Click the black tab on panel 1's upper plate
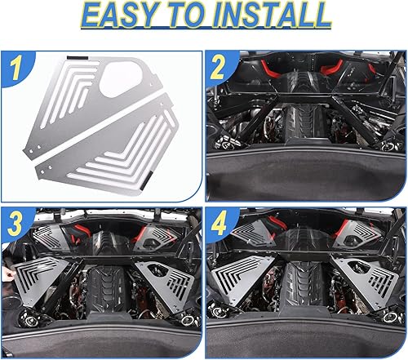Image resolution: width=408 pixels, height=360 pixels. click(x=73, y=60)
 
